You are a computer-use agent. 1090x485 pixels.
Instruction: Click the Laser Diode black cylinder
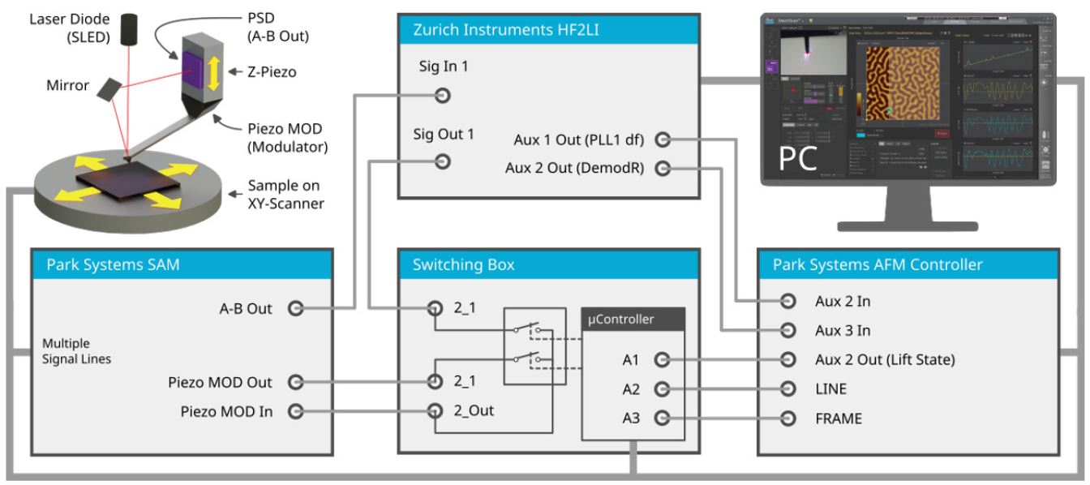click(130, 30)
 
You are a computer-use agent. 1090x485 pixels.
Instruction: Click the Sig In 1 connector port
click(442, 97)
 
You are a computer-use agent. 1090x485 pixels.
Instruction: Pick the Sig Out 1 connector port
click(442, 162)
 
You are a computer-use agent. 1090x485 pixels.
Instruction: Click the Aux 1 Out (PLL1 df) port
click(663, 140)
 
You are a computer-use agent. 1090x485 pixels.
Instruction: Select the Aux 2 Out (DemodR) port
click(663, 169)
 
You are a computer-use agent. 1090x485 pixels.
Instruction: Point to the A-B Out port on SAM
click(296, 308)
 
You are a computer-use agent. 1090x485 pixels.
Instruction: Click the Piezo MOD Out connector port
click(296, 382)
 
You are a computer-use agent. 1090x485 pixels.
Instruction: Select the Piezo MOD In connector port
click(296, 411)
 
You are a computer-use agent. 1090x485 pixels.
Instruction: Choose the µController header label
click(621, 319)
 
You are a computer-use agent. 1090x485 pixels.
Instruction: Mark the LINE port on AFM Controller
click(787, 389)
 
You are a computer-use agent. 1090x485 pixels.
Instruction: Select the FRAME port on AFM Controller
click(787, 418)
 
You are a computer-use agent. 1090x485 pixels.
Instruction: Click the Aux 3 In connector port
click(787, 331)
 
